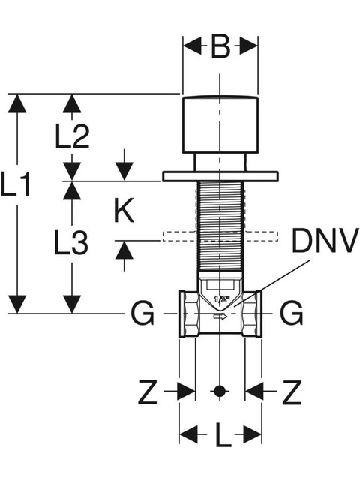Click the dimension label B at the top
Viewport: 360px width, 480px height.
click(220, 47)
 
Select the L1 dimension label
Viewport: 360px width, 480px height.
click(15, 184)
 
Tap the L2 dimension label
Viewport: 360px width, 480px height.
click(72, 136)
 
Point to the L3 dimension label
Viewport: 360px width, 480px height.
click(71, 243)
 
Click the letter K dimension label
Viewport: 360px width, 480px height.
click(124, 210)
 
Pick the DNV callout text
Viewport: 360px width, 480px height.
click(325, 240)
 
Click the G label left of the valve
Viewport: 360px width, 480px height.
click(142, 313)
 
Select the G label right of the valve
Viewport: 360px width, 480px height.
click(292, 313)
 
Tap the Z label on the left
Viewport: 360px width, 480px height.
click(148, 391)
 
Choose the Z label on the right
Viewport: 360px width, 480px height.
click(292, 391)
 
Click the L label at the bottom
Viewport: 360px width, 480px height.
click(223, 435)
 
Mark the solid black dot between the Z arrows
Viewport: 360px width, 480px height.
click(220, 391)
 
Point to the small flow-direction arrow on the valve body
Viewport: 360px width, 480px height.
click(220, 316)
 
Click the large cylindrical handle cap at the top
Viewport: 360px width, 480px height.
click(220, 124)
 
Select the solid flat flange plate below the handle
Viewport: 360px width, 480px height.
click(220, 177)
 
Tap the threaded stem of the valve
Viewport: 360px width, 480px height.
click(220, 226)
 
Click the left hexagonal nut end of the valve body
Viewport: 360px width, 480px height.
click(188, 313)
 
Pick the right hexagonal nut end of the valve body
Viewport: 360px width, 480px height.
click(252, 313)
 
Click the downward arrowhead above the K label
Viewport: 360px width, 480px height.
click(124, 172)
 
